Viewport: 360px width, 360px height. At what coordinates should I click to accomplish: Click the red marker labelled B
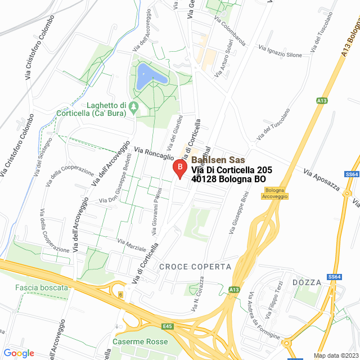point(179,168)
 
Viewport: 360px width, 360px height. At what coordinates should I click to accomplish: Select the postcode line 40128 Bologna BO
point(228,179)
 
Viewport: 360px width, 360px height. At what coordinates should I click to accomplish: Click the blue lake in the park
point(149,75)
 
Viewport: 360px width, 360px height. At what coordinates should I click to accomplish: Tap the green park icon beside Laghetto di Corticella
point(133,106)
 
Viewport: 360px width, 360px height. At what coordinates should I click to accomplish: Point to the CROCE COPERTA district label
point(195,266)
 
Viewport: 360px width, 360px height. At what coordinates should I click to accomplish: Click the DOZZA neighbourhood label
point(307,282)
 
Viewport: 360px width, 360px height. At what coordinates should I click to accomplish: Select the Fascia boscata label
point(42,287)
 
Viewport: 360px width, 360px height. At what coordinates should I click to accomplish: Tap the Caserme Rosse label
point(140,341)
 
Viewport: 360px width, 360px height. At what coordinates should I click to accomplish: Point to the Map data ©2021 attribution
point(335,355)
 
